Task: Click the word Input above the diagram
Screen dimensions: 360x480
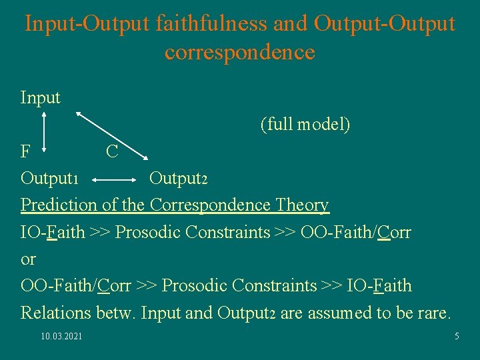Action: tap(41, 98)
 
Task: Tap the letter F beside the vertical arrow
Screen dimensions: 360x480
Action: tap(25, 152)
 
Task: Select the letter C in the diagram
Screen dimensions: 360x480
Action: tap(112, 152)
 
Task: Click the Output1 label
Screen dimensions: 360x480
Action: tap(51, 179)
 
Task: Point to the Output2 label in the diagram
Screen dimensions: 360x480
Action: tap(179, 179)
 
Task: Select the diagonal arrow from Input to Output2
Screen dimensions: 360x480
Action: tap(111, 136)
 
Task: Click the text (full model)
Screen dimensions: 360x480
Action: tap(305, 125)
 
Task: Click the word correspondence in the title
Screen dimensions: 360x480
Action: tap(239, 51)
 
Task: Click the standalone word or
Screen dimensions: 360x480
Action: tap(28, 259)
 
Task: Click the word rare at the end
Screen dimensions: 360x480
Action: tap(435, 313)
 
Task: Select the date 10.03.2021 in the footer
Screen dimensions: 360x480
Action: tap(62, 337)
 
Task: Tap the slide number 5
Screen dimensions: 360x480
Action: tap(457, 337)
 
